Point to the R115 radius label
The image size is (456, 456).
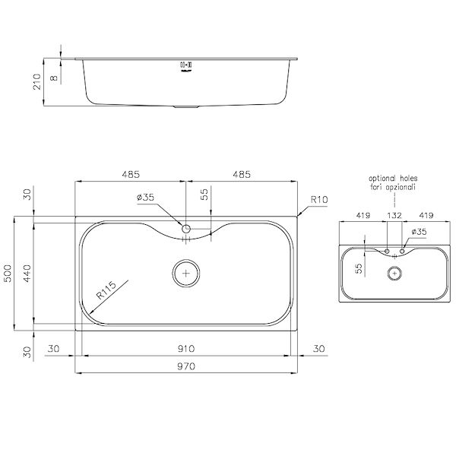pyautogui.click(x=104, y=291)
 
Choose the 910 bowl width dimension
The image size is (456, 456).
pyautogui.click(x=186, y=349)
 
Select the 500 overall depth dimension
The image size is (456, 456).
pyautogui.click(x=8, y=274)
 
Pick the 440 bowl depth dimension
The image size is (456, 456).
pyautogui.click(x=27, y=274)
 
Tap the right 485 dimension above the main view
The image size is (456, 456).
pyautogui.click(x=242, y=175)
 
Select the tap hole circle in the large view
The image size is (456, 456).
pyautogui.click(x=186, y=228)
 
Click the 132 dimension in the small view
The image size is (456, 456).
pyautogui.click(x=394, y=216)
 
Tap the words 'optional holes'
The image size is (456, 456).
pyautogui.click(x=394, y=177)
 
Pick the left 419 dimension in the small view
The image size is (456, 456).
pyautogui.click(x=362, y=216)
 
